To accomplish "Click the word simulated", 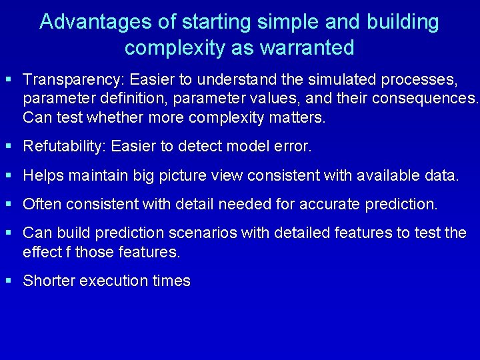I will (339, 80).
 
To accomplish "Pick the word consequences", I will (427, 99).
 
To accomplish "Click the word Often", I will (41, 205).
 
